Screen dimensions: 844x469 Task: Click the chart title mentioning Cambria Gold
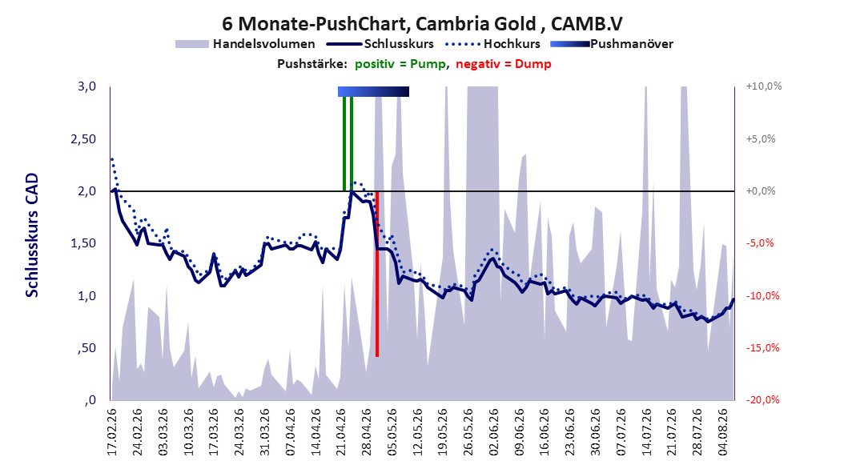click(x=422, y=24)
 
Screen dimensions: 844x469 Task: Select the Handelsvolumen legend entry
click(x=246, y=44)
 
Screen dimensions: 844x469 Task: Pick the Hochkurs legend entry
click(x=493, y=44)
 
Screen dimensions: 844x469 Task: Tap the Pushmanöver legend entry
click(x=612, y=44)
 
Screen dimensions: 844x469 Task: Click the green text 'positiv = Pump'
click(x=400, y=64)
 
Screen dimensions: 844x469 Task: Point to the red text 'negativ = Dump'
click(x=504, y=64)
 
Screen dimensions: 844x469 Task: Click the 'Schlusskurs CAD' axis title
click(x=32, y=235)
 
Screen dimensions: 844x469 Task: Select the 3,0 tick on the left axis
click(x=86, y=86)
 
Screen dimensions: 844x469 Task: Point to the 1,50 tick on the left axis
click(x=83, y=243)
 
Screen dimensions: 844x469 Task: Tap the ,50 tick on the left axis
click(x=86, y=348)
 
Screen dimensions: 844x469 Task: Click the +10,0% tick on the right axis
click(x=764, y=86)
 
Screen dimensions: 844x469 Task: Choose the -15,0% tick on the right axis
click(x=762, y=348)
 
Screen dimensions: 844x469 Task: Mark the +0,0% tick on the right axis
click(x=761, y=191)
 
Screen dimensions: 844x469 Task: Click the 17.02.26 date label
click(x=112, y=432)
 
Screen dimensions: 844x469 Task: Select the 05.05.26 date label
click(x=392, y=432)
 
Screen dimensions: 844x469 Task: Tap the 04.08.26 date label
click(x=724, y=432)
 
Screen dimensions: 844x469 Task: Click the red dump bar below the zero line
click(x=377, y=274)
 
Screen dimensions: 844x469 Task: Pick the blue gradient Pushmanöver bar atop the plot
click(x=374, y=91)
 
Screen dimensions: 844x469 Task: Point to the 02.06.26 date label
click(x=494, y=432)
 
